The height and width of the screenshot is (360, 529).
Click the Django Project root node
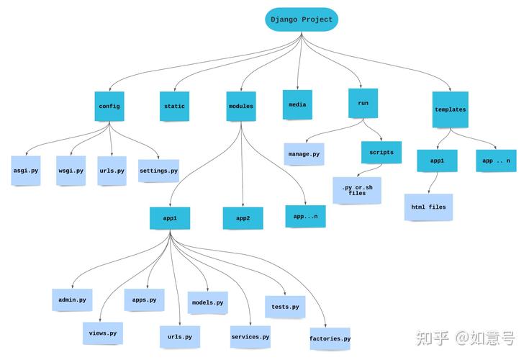click(302, 19)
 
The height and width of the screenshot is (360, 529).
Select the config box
click(109, 106)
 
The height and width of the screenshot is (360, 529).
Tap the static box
click(174, 106)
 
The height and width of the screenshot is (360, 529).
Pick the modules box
click(241, 106)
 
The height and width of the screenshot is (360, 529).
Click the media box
click(297, 105)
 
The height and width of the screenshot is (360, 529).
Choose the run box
click(363, 103)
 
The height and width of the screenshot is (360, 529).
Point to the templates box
click(450, 109)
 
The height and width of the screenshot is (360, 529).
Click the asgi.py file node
click(26, 171)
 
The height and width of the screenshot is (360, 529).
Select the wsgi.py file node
click(71, 171)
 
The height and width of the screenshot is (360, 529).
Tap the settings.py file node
click(158, 171)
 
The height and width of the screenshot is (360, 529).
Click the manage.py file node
click(304, 154)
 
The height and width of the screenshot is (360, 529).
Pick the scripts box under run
click(381, 153)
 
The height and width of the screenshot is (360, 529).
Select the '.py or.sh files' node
click(357, 190)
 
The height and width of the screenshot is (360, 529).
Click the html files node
click(428, 207)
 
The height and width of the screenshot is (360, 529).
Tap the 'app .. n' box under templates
click(496, 161)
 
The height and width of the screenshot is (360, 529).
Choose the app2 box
click(243, 217)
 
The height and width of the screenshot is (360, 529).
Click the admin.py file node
click(72, 300)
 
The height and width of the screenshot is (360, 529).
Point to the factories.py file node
click(330, 338)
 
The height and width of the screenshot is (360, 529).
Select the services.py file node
click(250, 336)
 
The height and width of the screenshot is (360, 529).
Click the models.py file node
click(207, 303)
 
